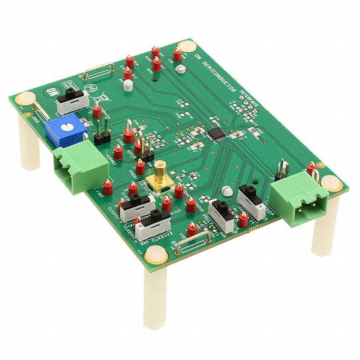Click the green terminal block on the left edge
pyautogui.click(x=80, y=163)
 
